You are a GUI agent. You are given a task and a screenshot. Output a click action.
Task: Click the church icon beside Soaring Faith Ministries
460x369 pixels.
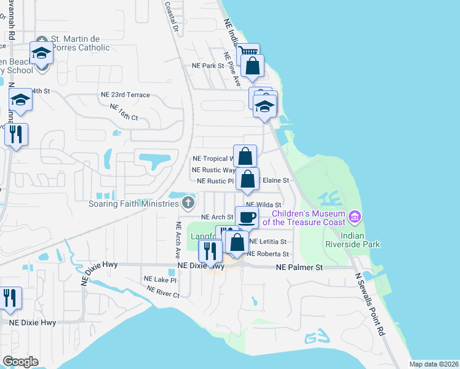(x=188, y=202)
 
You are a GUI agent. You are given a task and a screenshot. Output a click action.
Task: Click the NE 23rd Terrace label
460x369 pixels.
(x=125, y=95)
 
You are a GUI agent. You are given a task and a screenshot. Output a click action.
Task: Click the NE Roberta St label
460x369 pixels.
(x=268, y=253)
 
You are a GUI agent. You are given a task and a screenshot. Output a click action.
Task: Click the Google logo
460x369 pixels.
(x=20, y=361)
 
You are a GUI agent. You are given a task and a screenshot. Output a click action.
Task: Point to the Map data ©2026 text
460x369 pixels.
(x=434, y=364)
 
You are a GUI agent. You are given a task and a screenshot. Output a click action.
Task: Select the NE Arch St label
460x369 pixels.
(x=217, y=217)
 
